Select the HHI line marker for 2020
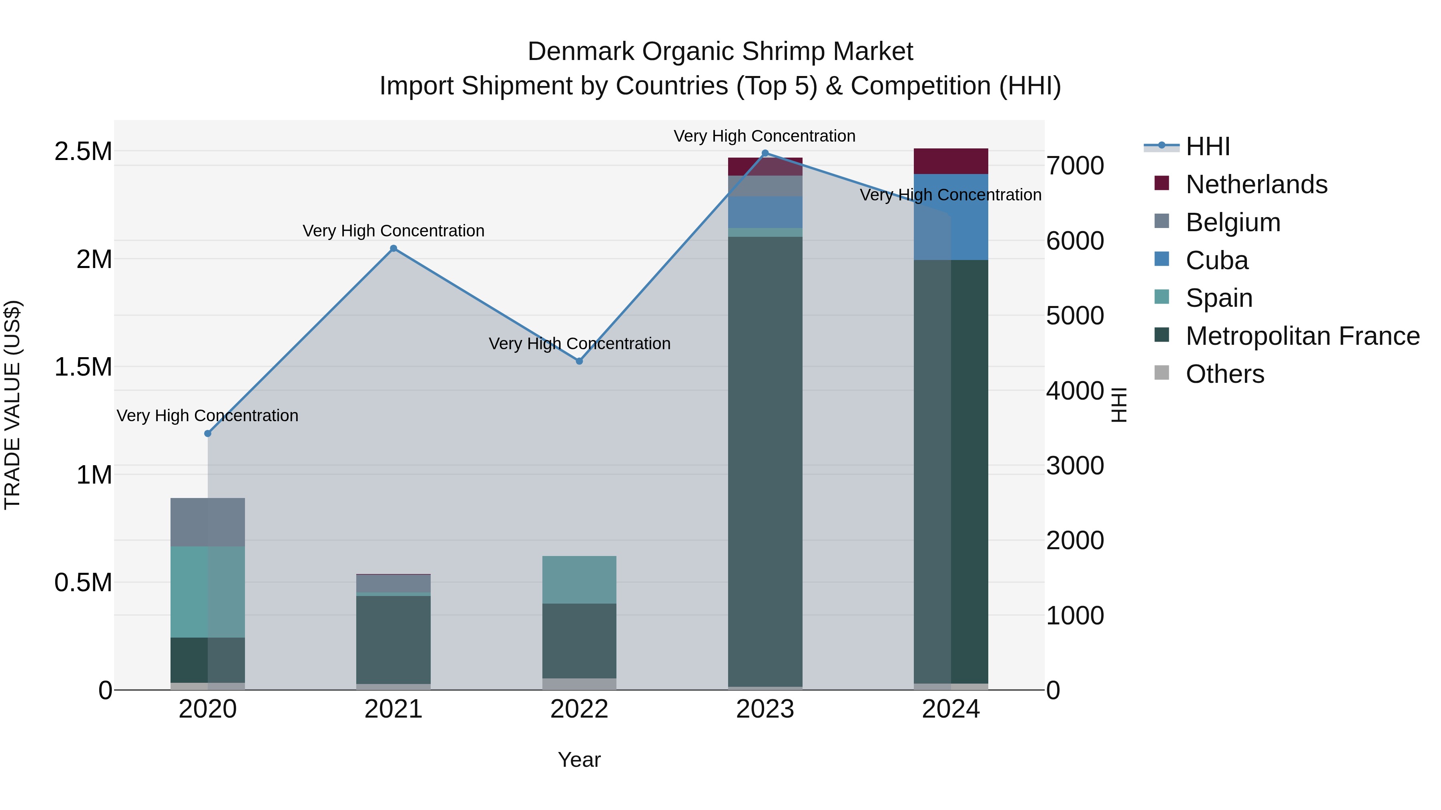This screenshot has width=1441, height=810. (x=207, y=433)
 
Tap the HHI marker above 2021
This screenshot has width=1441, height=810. (x=393, y=248)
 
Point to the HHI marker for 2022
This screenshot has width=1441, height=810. (x=579, y=361)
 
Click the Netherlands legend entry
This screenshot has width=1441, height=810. (x=1255, y=184)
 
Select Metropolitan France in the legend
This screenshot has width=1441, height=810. (x=1302, y=336)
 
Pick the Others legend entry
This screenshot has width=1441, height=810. (x=1224, y=374)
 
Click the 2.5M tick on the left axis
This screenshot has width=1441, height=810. (x=83, y=152)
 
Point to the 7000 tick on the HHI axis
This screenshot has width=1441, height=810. (x=1075, y=166)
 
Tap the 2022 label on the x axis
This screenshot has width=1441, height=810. (x=579, y=709)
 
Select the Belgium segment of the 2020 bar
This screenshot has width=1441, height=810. (x=207, y=522)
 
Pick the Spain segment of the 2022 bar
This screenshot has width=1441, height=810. (x=579, y=580)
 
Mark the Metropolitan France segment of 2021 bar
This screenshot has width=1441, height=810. (x=393, y=640)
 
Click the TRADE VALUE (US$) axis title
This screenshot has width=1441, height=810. (x=12, y=405)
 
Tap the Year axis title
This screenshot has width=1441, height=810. (x=579, y=760)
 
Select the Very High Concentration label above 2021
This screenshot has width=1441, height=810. (x=393, y=231)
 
